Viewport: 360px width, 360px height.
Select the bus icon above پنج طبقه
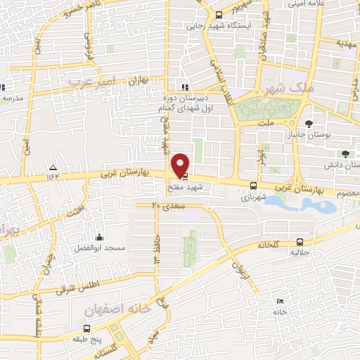[x=86, y=328]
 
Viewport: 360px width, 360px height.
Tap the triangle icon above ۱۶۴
[x=53, y=167]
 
